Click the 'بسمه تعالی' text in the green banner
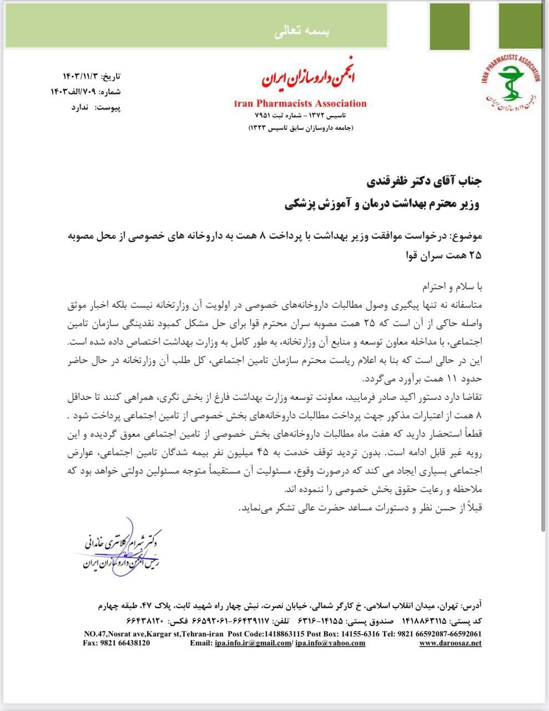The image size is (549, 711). click(302, 32)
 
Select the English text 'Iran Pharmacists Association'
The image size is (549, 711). click(300, 103)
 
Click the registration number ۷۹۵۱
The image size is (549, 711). click(262, 116)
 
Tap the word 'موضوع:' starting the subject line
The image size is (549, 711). click(466, 236)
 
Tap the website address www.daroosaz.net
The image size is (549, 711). click(450, 643)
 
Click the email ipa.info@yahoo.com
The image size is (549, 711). click(330, 643)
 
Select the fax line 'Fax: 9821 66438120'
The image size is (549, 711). click(117, 643)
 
